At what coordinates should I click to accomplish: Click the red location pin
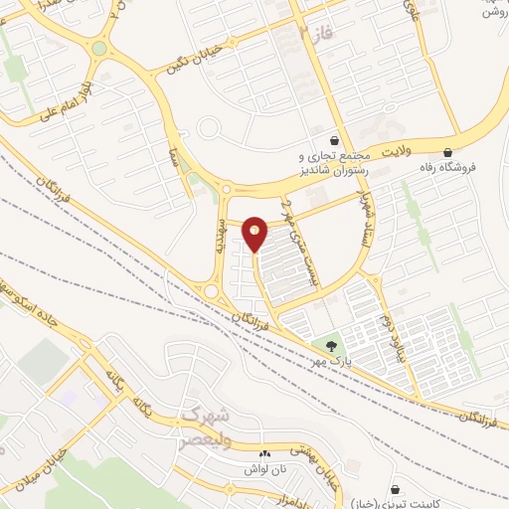click(x=255, y=234)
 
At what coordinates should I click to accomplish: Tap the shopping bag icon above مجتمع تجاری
click(x=335, y=140)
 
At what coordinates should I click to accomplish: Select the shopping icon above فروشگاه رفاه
click(x=448, y=153)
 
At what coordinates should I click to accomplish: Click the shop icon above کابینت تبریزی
click(x=397, y=490)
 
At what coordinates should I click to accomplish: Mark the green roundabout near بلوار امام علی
click(x=98, y=48)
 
